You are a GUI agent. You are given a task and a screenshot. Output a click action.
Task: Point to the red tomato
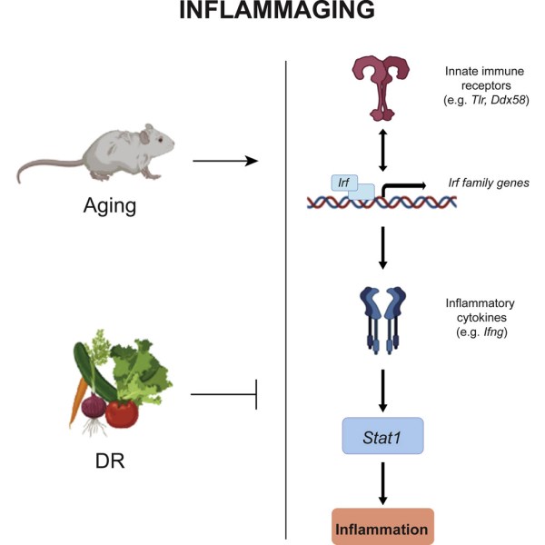point(122,412)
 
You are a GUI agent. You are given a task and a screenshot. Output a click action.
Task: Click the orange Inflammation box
point(382,526)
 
